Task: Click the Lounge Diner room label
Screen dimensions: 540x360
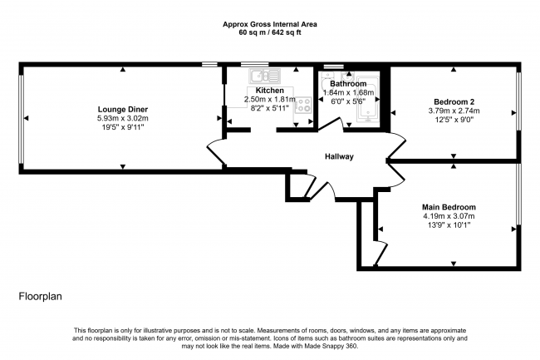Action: click(123, 110)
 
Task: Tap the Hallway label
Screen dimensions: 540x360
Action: click(339, 157)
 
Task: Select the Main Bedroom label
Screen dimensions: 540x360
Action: click(449, 207)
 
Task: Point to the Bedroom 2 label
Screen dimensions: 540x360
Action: click(454, 102)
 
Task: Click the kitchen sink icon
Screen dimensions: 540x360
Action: click(265, 76)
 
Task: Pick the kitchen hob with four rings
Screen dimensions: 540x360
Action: click(303, 105)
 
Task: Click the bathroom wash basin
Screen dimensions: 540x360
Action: click(347, 76)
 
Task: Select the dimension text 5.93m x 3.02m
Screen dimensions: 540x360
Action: click(123, 119)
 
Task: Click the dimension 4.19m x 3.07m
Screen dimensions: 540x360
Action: click(449, 216)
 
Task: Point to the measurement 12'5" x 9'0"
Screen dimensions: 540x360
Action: click(454, 120)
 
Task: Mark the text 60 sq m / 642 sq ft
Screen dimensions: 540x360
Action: click(270, 33)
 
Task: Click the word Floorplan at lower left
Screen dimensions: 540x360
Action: click(41, 296)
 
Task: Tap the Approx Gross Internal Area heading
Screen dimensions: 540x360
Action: click(270, 24)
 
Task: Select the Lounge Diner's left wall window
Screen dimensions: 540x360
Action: click(21, 119)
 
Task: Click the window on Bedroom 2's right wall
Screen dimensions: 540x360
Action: click(518, 101)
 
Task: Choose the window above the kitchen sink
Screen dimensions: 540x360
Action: click(254, 64)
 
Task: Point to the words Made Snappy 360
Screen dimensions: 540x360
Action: click(331, 346)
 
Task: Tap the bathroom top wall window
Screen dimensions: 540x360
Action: click(334, 67)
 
